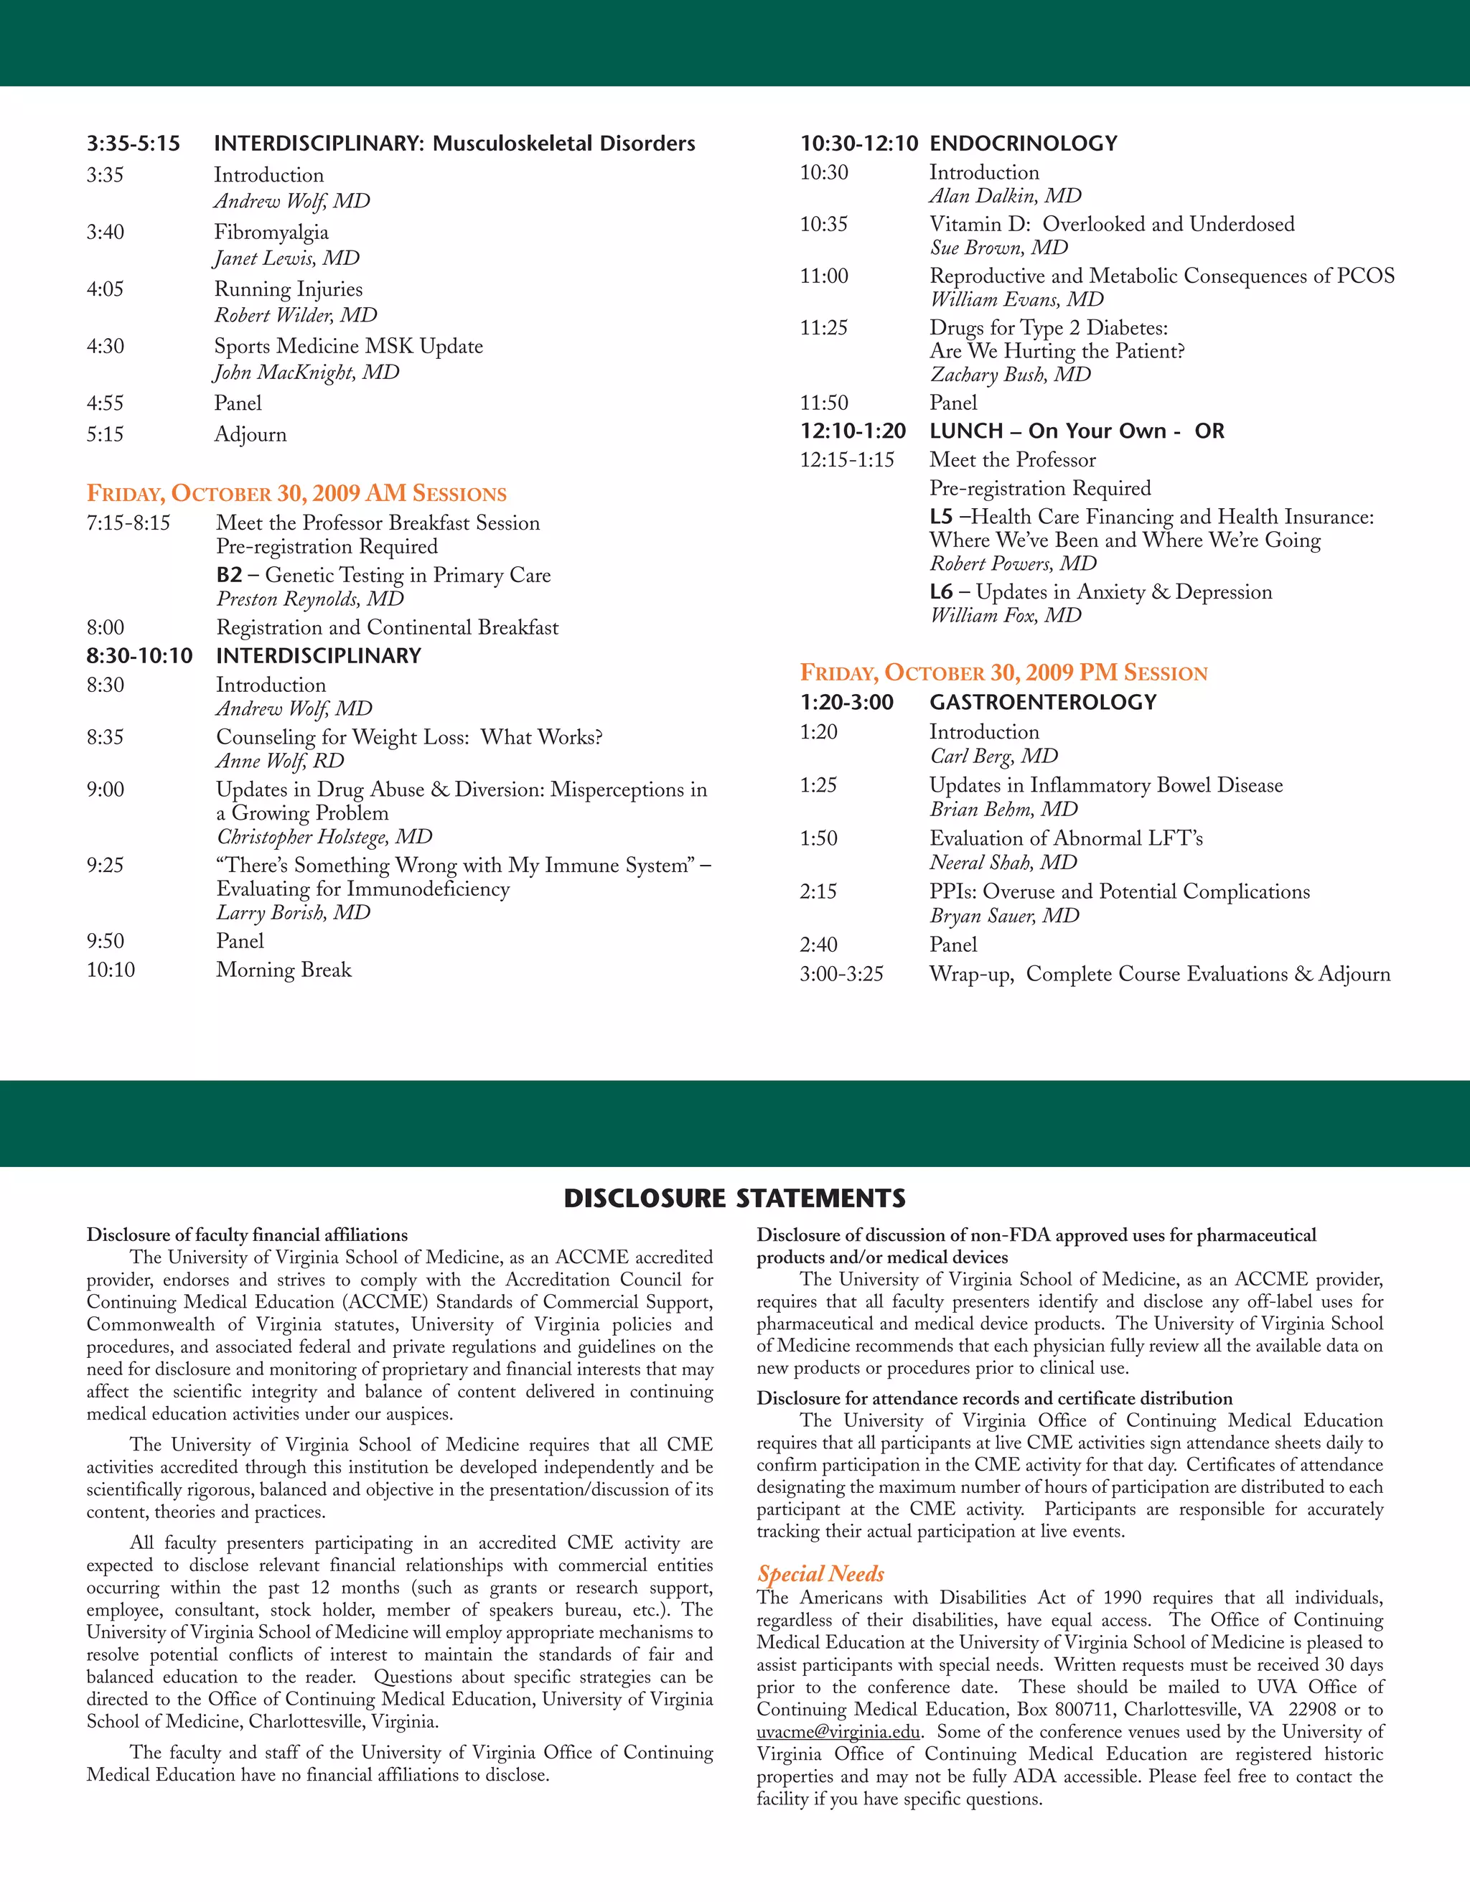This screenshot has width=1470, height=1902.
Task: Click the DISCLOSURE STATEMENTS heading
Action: (734, 1199)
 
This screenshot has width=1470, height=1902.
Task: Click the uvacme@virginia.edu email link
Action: (838, 1732)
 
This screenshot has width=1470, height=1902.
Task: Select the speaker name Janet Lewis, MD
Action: (286, 258)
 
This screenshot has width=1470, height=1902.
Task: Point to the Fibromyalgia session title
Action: (271, 233)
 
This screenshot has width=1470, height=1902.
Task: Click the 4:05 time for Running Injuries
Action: (105, 289)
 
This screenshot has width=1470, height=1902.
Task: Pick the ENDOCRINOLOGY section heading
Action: (1024, 144)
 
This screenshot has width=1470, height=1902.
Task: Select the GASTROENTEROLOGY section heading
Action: (1042, 702)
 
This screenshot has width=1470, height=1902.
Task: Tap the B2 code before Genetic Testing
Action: (229, 575)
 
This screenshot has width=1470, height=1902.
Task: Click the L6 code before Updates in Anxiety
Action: (940, 592)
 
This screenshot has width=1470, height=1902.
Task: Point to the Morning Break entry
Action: (283, 970)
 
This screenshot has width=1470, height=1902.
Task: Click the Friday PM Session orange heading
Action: (1003, 673)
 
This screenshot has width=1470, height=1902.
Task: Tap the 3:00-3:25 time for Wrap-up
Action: (841, 974)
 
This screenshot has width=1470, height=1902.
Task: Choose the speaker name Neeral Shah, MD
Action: (1002, 863)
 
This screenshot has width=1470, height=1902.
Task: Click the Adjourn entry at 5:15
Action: (250, 434)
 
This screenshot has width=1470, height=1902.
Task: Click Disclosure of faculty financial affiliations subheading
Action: (246, 1235)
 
